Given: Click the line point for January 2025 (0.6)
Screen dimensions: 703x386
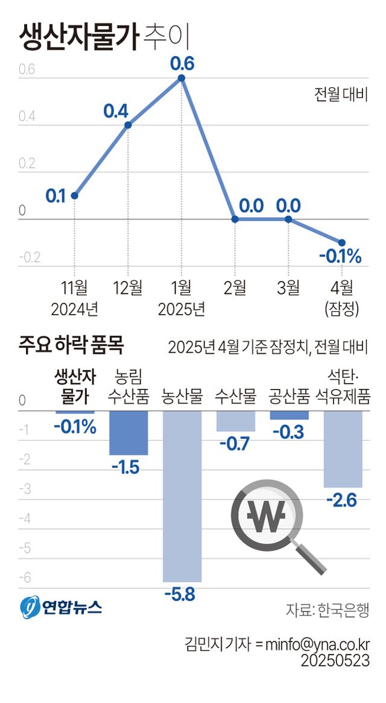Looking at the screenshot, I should coord(182,78).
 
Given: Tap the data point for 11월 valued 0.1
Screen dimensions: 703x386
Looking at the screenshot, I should coord(74,195).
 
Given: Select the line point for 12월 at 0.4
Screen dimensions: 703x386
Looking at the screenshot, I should coord(128,125).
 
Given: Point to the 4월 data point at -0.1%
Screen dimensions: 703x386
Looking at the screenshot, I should coord(341,242).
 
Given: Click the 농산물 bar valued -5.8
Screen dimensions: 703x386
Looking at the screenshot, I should coord(182,496).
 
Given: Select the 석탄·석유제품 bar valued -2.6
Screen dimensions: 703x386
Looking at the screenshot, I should coord(342,449).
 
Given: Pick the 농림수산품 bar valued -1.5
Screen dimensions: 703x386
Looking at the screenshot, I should coord(128,432).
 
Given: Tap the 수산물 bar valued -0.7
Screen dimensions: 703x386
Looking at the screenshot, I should coord(235,421).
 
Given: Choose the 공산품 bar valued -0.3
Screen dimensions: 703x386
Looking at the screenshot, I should coord(289,415).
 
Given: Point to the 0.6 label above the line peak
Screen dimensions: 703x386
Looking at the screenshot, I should coord(182,63).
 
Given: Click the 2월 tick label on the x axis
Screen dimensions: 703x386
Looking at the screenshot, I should coord(235,288).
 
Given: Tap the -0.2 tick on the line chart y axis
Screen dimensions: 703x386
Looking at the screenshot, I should coord(30,258).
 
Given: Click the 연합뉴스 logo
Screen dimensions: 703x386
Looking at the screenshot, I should coord(60,606).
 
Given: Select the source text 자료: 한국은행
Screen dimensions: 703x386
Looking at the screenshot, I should coord(327,610).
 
